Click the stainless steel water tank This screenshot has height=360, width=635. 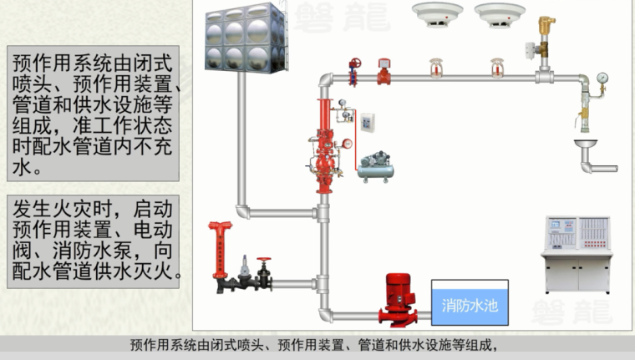pyautogui.click(x=245, y=39)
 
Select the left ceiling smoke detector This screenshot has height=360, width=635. pyautogui.click(x=437, y=13)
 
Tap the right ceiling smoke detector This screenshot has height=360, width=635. pyautogui.click(x=500, y=13)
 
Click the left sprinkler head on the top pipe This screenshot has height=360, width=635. pyautogui.click(x=434, y=68)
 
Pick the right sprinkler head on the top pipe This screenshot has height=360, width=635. pyautogui.click(x=497, y=68)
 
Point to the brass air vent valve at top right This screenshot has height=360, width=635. pyautogui.click(x=547, y=35)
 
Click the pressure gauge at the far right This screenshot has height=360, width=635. pyautogui.click(x=602, y=80)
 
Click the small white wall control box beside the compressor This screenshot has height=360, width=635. pyautogui.click(x=367, y=123)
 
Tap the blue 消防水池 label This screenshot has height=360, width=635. pyautogui.click(x=469, y=305)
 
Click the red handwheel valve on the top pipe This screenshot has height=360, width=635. pyautogui.click(x=355, y=71)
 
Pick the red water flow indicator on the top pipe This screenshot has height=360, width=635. pyautogui.click(x=384, y=71)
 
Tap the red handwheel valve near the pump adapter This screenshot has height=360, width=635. pyautogui.click(x=264, y=271)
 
